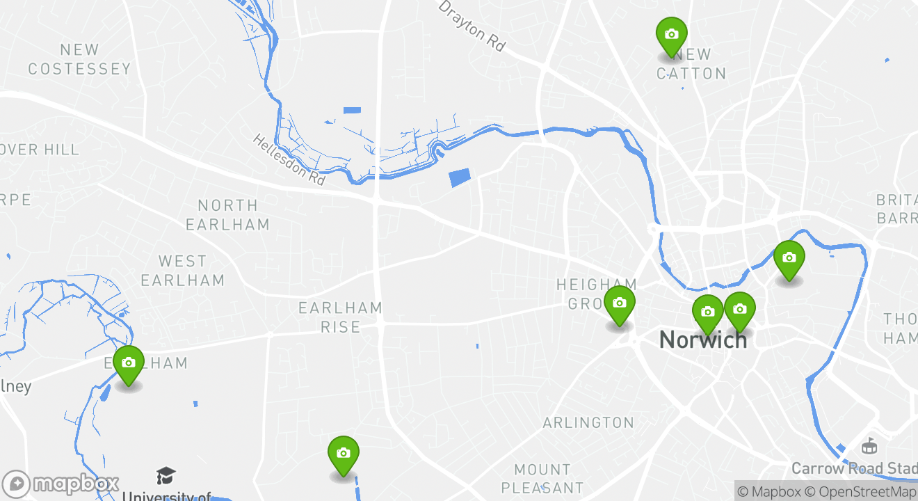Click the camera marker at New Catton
coord(671,35)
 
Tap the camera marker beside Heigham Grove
coord(619,304)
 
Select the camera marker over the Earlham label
coord(129,363)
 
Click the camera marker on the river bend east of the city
coord(789,259)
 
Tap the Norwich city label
coord(703,340)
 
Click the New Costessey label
coord(79,59)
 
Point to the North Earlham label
coord(227,214)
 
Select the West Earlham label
coord(182,271)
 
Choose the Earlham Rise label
coord(340,317)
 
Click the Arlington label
coord(588,422)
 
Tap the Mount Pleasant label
coord(542,478)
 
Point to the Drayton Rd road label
coord(472,25)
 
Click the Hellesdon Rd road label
coord(289,159)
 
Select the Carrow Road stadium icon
coord(869,445)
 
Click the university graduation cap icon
coord(166,476)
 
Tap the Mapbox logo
coord(61,484)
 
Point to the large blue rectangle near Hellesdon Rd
coord(460,177)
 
